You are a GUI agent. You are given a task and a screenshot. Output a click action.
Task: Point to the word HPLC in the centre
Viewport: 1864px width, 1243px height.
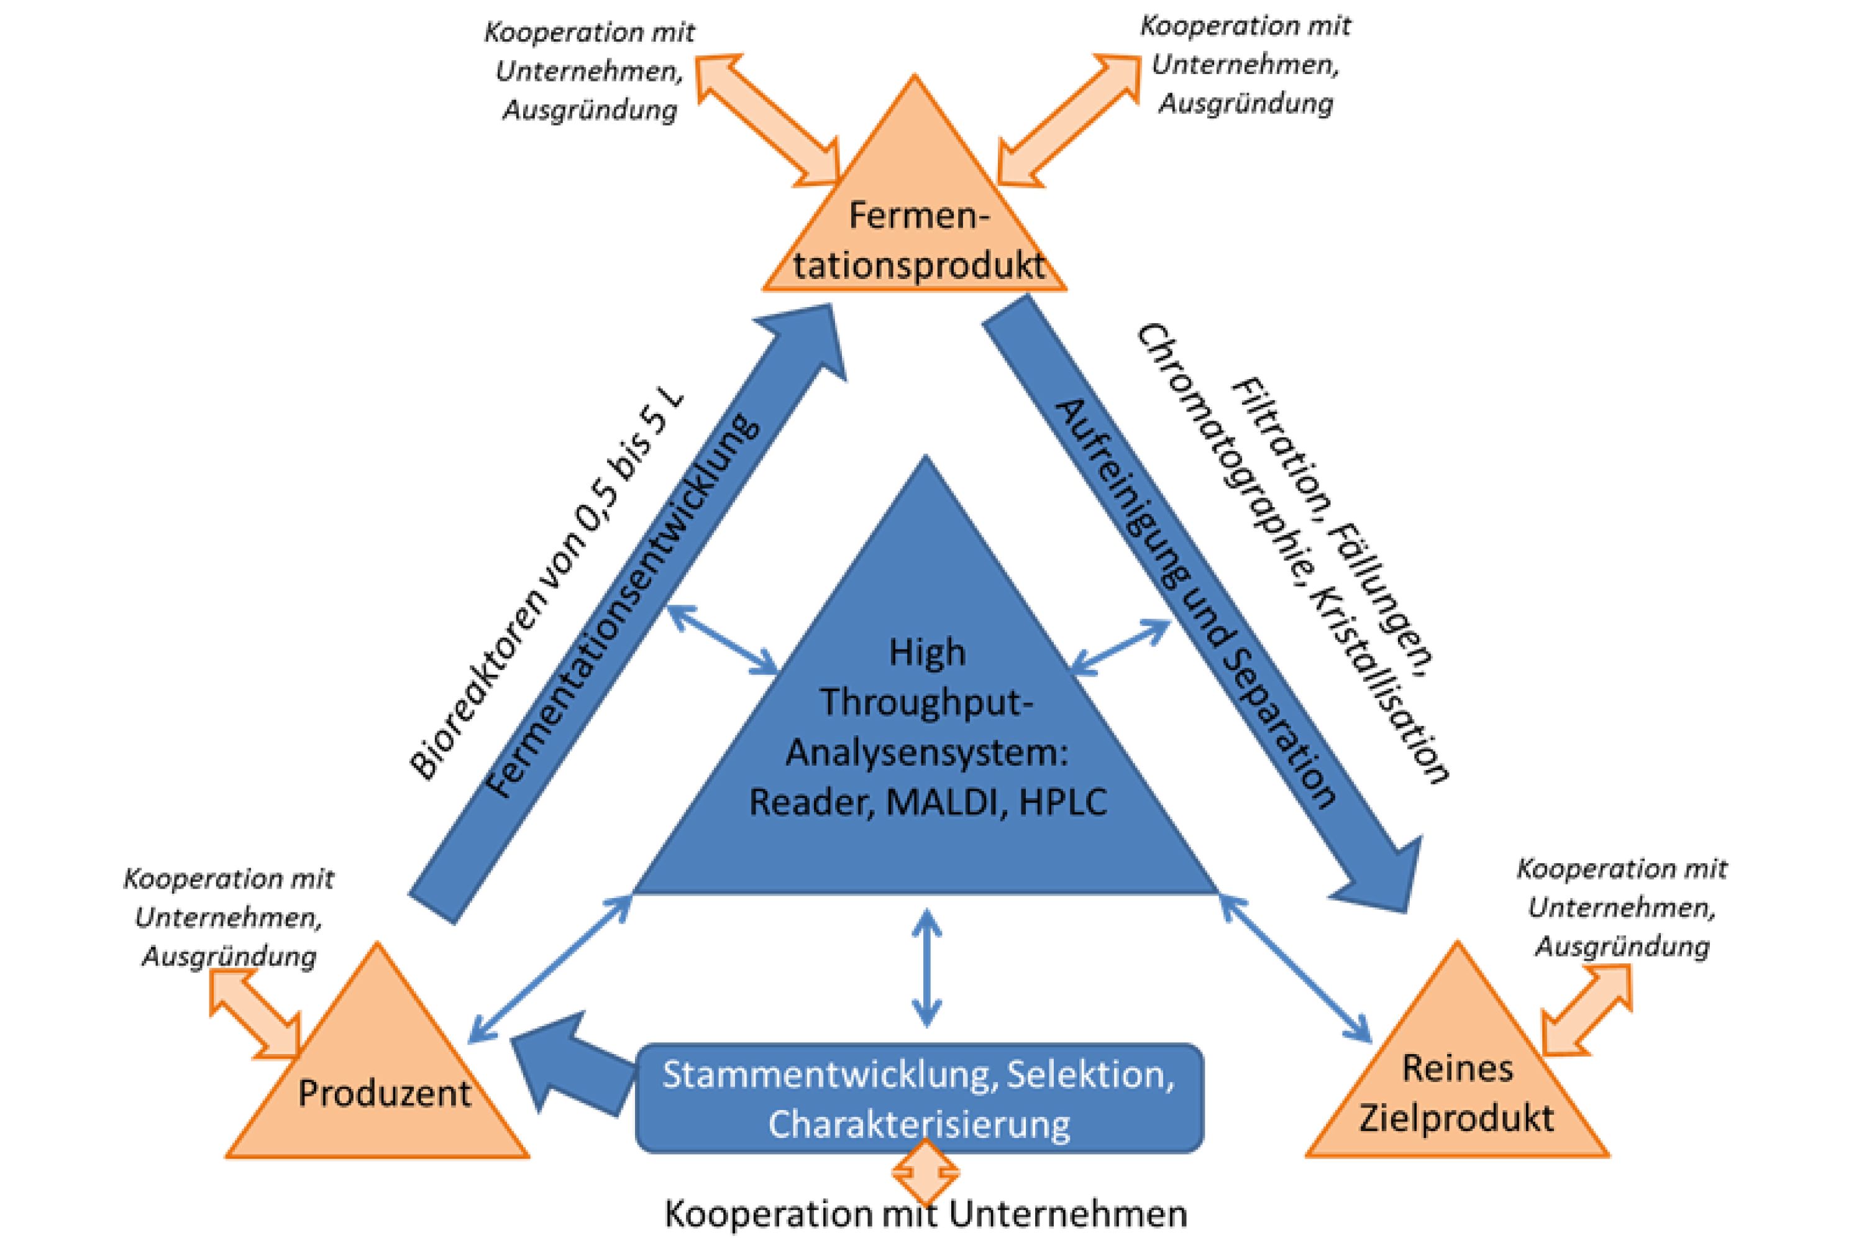coord(1064,802)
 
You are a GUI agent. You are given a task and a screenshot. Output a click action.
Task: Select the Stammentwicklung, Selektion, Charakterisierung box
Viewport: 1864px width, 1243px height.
coord(920,1098)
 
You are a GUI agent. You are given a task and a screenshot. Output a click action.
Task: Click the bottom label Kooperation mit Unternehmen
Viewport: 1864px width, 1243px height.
coord(926,1214)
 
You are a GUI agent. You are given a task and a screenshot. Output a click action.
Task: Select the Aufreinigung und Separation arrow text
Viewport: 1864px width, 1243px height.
coord(1197,602)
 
